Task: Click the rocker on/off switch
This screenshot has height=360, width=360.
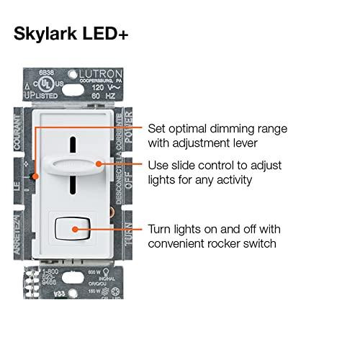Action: tap(76, 229)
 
